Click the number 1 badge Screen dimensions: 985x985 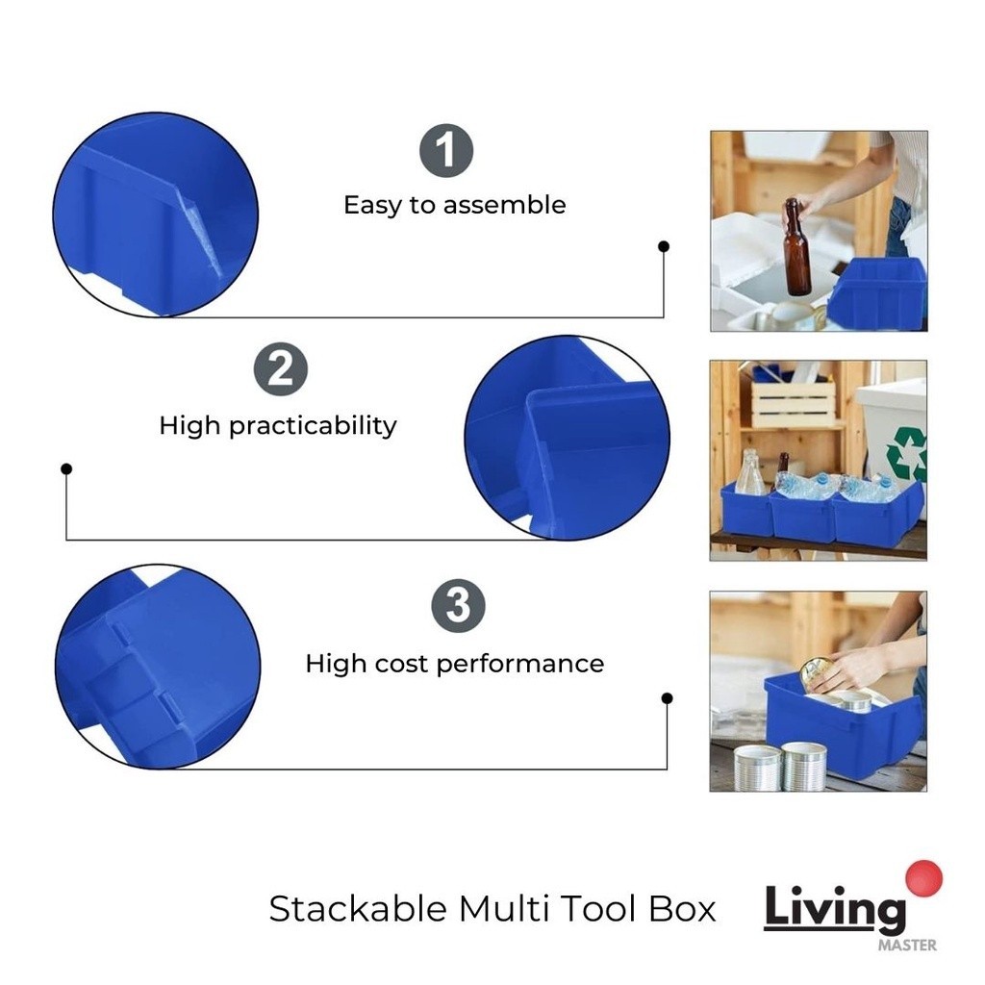[x=446, y=151]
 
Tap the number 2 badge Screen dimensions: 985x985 [x=281, y=369]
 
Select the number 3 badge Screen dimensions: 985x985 [x=458, y=606]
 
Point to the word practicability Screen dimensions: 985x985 [x=313, y=426]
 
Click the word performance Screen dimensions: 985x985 [x=520, y=665]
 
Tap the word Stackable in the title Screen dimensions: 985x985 [x=358, y=908]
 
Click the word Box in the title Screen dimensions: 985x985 [x=682, y=908]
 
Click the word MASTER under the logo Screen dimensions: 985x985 [x=907, y=945]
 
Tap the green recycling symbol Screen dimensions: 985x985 [x=907, y=454]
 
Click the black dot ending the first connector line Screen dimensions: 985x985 [x=664, y=246]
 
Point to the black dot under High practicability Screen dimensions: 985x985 [x=66, y=468]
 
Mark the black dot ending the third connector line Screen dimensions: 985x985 [x=668, y=698]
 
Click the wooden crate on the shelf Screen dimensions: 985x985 [x=794, y=403]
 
